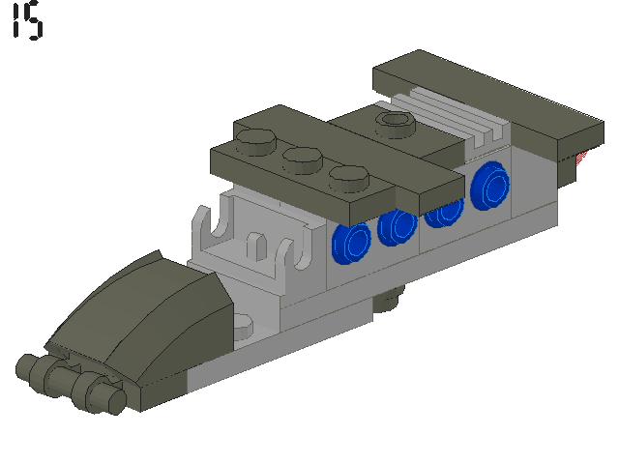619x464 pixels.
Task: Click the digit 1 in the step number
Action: pos(16,20)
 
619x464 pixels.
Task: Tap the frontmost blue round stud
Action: pos(351,243)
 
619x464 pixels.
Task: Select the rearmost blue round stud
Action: pos(490,186)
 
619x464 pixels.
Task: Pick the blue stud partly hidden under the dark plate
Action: pos(444,215)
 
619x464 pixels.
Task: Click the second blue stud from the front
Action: pos(397,228)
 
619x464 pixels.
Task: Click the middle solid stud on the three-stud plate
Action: pos(303,159)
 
